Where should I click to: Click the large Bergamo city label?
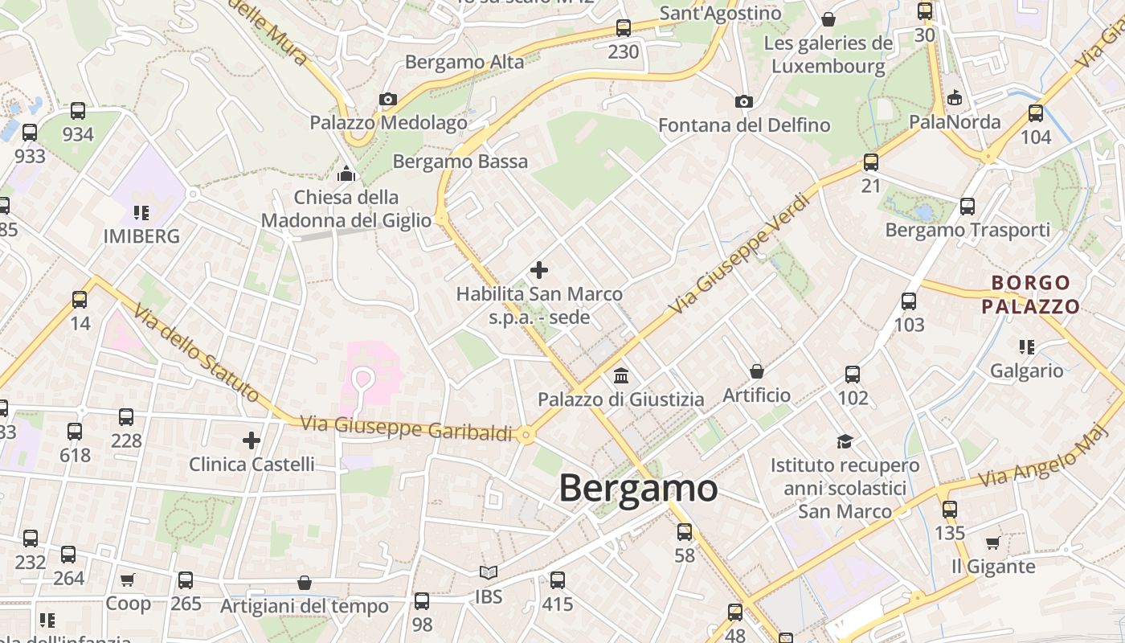click(x=638, y=488)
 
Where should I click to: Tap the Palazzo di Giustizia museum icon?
click(x=620, y=375)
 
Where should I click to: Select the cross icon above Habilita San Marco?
click(x=539, y=270)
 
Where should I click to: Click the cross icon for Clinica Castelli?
click(x=252, y=440)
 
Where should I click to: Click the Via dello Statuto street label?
click(x=196, y=353)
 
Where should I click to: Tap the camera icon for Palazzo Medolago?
click(x=388, y=100)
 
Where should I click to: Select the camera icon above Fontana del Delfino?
click(x=744, y=101)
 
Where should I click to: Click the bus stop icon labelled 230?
click(x=624, y=28)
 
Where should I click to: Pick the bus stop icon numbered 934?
click(x=78, y=111)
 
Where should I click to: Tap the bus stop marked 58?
click(x=685, y=531)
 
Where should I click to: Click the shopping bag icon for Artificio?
click(x=756, y=371)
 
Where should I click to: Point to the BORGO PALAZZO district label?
click(x=1031, y=294)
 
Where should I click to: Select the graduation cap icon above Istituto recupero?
click(x=845, y=441)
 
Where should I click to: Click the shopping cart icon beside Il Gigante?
click(x=993, y=543)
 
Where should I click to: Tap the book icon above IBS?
click(x=489, y=572)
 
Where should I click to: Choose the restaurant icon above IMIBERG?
click(x=141, y=213)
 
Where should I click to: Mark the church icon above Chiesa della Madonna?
click(x=346, y=174)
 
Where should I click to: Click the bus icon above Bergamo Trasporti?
click(x=967, y=207)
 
